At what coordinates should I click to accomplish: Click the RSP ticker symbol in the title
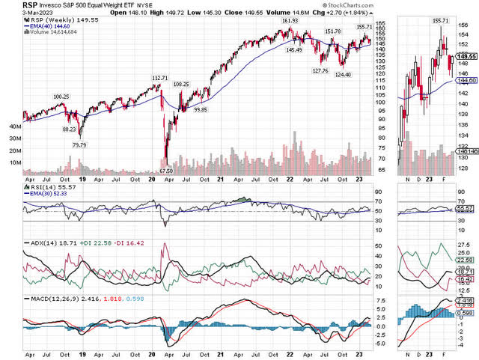(x=11, y=4)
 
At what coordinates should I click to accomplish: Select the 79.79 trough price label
(x=79, y=144)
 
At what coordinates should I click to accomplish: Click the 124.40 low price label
(x=344, y=74)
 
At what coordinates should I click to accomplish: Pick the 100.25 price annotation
(x=61, y=97)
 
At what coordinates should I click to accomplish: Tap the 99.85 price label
(x=200, y=110)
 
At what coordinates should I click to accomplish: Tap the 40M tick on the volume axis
(x=13, y=127)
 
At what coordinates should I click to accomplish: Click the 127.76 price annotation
(x=320, y=70)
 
